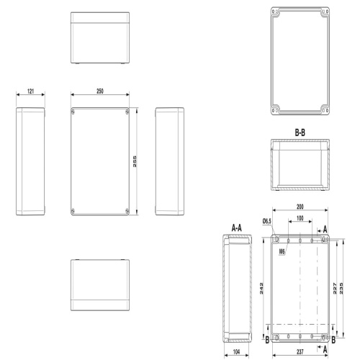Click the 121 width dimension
pyautogui.click(x=30, y=91)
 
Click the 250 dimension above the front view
pyautogui.click(x=100, y=91)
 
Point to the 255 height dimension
pyautogui.click(x=135, y=161)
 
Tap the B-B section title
pyautogui.click(x=300, y=132)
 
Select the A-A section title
pyautogui.click(x=237, y=228)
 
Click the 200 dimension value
pyautogui.click(x=300, y=207)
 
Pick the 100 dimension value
pyautogui.click(x=300, y=218)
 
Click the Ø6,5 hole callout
pyautogui.click(x=267, y=221)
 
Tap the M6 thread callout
pyautogui.click(x=282, y=251)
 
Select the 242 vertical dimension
pyautogui.click(x=261, y=289)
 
